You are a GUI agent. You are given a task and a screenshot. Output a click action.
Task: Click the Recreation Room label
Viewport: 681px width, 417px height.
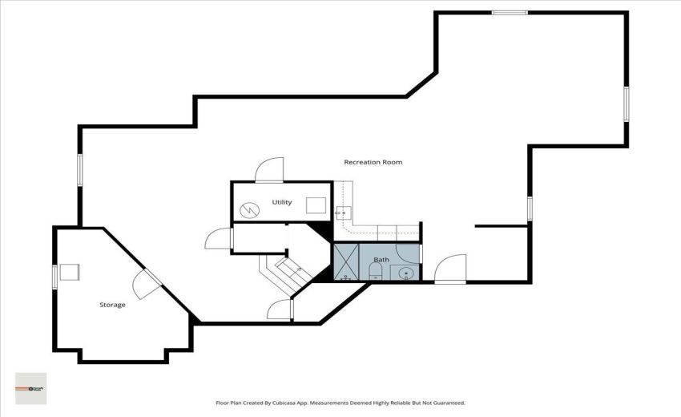click(373, 162)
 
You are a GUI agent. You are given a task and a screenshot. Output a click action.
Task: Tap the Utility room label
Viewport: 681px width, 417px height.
click(281, 202)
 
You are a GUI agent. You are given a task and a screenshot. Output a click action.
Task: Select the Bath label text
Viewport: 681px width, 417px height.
click(381, 260)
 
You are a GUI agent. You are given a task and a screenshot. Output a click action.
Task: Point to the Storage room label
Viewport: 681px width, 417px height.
click(112, 305)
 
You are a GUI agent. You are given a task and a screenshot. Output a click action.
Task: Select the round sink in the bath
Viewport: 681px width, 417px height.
click(406, 273)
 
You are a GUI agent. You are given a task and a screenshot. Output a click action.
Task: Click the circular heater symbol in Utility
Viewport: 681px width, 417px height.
click(250, 208)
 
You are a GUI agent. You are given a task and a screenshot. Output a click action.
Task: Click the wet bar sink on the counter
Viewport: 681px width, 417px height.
click(342, 213)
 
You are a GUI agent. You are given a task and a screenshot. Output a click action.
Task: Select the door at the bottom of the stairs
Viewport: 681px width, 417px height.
click(280, 310)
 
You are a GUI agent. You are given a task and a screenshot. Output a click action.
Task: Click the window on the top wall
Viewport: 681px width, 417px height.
click(510, 12)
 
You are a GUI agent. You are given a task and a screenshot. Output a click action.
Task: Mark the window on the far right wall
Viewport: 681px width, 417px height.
click(627, 103)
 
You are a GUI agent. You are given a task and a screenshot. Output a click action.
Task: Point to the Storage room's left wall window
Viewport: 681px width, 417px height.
click(54, 275)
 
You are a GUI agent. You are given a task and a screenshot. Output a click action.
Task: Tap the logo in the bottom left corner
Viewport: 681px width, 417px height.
click(31, 388)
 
